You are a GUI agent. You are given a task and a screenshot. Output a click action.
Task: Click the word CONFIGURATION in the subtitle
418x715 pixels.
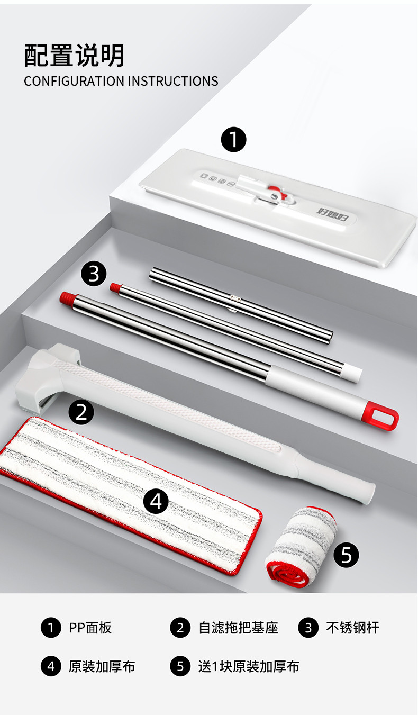point(74,81)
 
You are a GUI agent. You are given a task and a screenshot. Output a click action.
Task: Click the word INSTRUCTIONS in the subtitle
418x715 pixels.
point(173,81)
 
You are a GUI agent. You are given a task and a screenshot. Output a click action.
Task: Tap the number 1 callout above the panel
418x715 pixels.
point(233,140)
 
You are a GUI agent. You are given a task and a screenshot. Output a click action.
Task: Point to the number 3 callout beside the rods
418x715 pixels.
point(94,274)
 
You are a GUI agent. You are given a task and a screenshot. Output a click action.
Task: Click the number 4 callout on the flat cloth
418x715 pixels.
point(156,502)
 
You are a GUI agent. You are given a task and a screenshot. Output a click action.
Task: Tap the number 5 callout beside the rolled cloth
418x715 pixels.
point(346,555)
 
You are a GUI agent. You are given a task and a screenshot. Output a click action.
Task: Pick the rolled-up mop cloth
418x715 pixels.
point(301,546)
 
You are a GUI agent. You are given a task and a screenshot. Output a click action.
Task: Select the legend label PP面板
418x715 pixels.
point(90,628)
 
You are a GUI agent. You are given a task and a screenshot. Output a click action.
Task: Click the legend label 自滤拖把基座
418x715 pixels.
point(238,628)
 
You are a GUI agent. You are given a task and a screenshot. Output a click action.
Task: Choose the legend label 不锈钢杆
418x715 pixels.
point(352,628)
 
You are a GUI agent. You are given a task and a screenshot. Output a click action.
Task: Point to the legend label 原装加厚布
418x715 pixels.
point(102,667)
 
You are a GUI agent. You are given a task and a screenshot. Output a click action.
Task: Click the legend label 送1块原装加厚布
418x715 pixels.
point(249,667)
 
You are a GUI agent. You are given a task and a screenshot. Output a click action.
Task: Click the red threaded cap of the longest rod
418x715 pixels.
point(68,298)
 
